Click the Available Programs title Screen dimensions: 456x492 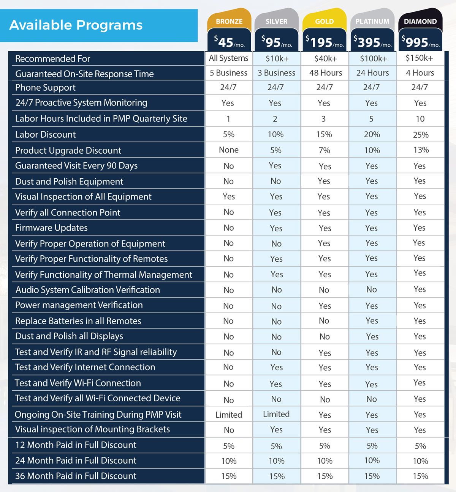tap(76, 25)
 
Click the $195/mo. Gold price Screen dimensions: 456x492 tap(325, 42)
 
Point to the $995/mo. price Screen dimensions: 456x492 tap(420, 42)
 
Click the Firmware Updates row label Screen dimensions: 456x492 tap(51, 228)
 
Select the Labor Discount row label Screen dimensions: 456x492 tap(46, 135)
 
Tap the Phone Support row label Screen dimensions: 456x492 tap(46, 88)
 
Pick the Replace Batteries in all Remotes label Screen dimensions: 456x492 tap(78, 321)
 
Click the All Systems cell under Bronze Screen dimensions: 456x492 tap(228, 58)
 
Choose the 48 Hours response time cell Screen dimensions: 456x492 tap(325, 73)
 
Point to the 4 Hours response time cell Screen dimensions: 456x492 tap(420, 73)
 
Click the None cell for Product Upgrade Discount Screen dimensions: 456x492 tap(229, 150)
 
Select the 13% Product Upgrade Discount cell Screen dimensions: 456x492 tap(421, 150)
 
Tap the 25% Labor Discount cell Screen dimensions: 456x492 tap(421, 135)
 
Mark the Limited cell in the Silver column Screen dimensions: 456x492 tap(276, 414)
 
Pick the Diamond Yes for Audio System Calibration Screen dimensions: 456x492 tap(420, 289)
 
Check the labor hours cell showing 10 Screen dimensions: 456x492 tap(420, 119)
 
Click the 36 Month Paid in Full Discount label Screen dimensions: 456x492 tap(76, 476)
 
